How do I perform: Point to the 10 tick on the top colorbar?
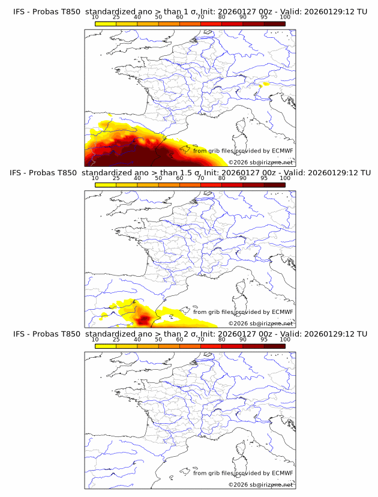coord(95,17)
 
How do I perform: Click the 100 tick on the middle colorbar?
coord(285,178)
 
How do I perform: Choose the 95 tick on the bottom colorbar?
coord(264,339)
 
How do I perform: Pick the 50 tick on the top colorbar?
coord(158,17)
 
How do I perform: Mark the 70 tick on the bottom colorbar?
coord(200,339)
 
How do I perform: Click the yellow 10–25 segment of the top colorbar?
coord(106,23)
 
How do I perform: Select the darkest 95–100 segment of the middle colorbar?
coord(274,185)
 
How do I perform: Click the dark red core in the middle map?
coord(144,319)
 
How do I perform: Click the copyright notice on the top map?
coord(260,163)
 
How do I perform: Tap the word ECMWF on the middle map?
coord(282,312)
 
